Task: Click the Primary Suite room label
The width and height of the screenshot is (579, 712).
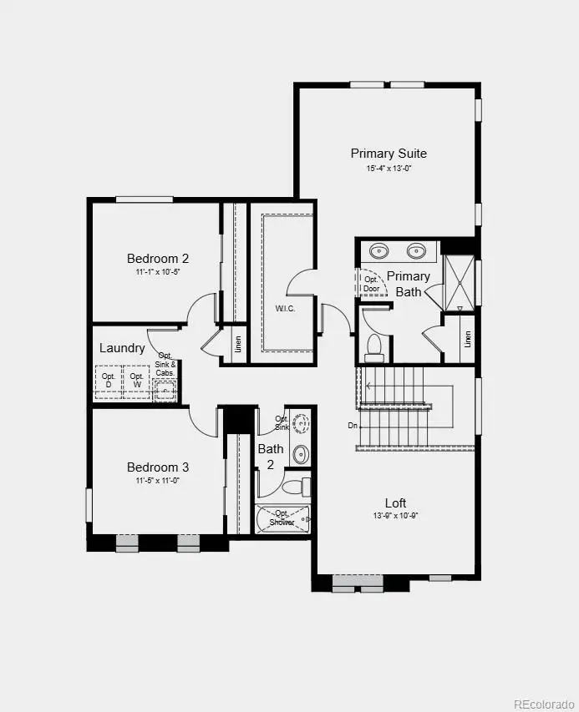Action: pos(389,154)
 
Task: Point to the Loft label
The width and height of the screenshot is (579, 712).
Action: pos(395,503)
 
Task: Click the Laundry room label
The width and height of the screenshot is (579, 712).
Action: pos(122,348)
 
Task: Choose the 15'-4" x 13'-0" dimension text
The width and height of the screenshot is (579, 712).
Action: pos(389,169)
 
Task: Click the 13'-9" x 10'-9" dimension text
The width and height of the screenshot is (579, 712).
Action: pos(395,516)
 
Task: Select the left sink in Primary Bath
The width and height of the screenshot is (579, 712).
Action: pos(380,250)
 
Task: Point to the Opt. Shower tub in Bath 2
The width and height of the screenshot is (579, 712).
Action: pos(282,520)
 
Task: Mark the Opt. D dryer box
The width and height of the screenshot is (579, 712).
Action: pos(109,381)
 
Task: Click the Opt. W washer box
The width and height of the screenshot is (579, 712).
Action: pos(136,381)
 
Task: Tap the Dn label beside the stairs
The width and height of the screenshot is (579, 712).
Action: pos(353,426)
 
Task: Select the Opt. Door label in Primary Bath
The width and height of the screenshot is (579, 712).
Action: pos(372,284)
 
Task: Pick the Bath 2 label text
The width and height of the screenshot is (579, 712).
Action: pos(271,455)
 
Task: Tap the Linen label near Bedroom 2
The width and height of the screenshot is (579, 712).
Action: pos(238,343)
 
